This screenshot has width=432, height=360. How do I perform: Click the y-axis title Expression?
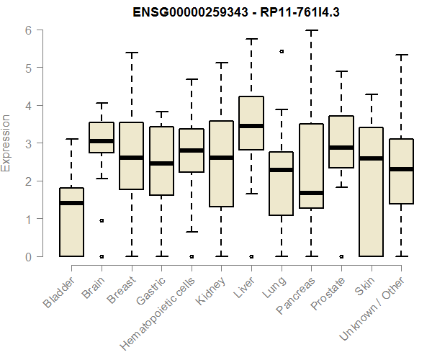(x=7, y=143)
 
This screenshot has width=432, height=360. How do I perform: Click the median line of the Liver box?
(x=251, y=126)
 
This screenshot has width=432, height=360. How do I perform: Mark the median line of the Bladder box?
(x=71, y=203)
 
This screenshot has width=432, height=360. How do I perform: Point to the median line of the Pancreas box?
(x=311, y=193)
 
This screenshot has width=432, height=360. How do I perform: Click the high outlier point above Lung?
(x=281, y=52)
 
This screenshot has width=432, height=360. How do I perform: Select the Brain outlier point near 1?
(x=102, y=220)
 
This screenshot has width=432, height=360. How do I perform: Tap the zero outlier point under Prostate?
(x=341, y=256)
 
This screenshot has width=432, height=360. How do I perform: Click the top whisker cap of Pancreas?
(x=311, y=31)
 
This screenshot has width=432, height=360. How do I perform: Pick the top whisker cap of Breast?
(x=131, y=53)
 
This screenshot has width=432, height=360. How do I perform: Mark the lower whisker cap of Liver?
(x=251, y=193)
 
